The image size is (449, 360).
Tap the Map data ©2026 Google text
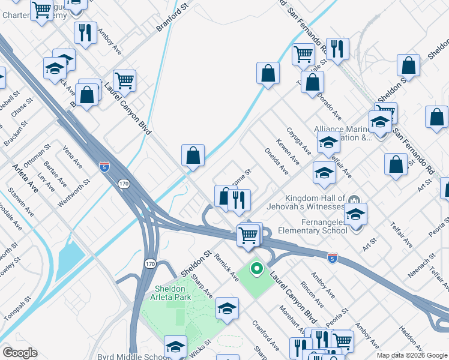pyautogui.click(x=412, y=355)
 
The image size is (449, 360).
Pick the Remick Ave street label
pyautogui.click(x=227, y=263)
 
